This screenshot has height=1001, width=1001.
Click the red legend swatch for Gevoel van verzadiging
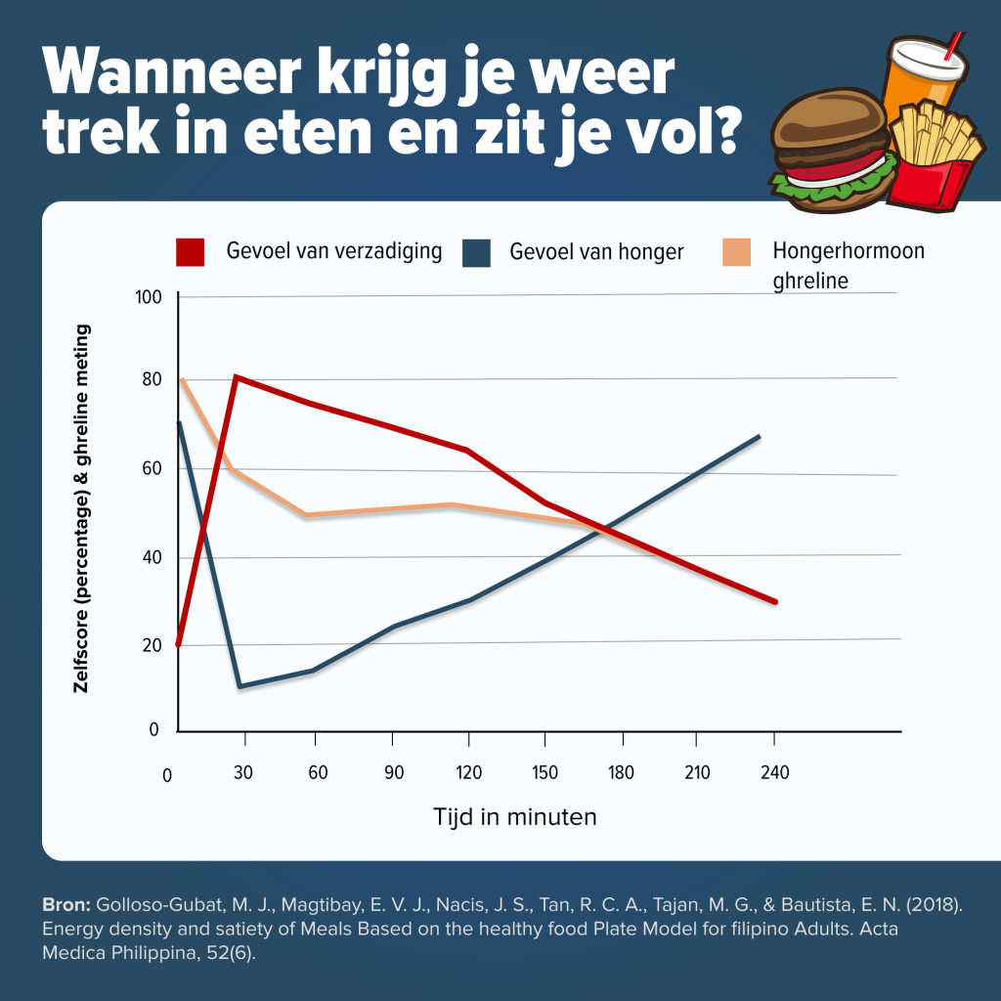click(191, 251)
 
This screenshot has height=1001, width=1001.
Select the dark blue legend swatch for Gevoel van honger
click(476, 251)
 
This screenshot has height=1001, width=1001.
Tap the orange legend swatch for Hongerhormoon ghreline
click(737, 251)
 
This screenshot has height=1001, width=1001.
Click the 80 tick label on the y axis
click(150, 380)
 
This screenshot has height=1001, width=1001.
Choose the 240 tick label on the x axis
click(773, 773)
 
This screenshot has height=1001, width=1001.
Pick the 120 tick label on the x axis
click(469, 773)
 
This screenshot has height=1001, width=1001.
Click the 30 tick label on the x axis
click(243, 773)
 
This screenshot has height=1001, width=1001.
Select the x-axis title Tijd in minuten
click(514, 816)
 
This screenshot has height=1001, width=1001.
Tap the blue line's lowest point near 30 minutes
click(239, 686)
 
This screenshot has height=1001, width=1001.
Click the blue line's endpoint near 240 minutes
click(760, 436)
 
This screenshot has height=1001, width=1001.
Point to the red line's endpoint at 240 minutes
click(775, 602)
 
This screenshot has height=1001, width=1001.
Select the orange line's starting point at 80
click(182, 379)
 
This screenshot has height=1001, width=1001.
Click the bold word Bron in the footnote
click(67, 905)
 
